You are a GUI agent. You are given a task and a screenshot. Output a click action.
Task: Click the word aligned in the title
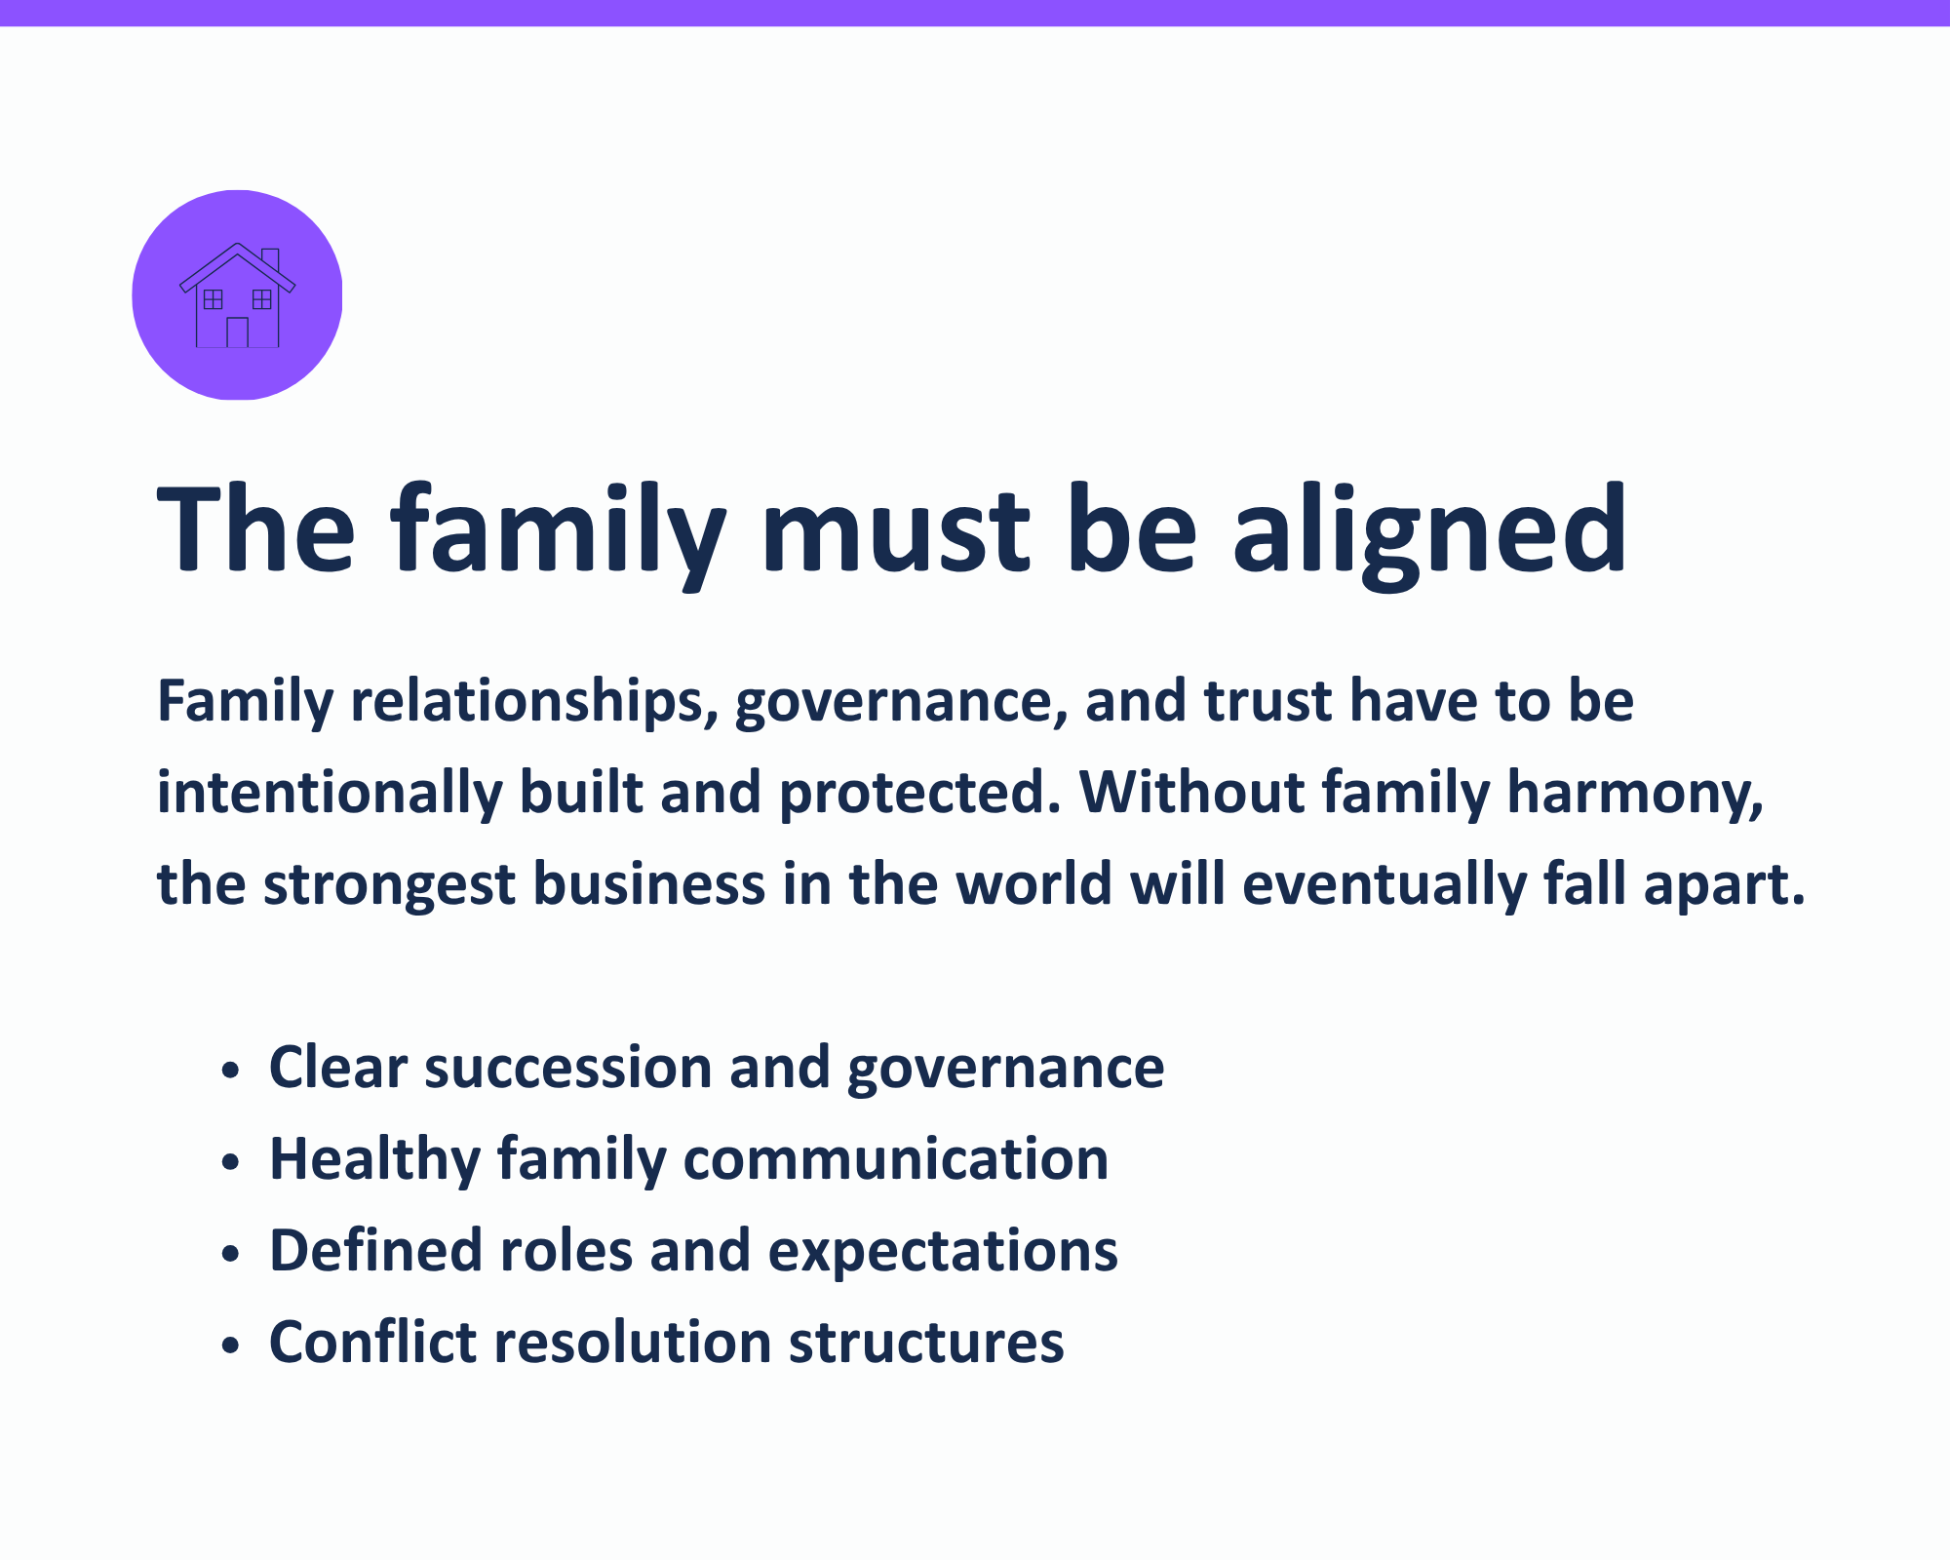tap(1430, 531)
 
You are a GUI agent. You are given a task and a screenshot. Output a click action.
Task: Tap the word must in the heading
tap(895, 532)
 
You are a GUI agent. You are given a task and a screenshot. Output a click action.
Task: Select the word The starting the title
tap(255, 528)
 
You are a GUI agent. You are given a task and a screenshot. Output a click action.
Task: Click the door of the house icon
tap(237, 332)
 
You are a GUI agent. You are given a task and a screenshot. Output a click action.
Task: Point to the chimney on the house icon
tap(271, 259)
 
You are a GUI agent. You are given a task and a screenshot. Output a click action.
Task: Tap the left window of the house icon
tap(213, 299)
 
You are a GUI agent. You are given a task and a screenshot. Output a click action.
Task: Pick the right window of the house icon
tap(262, 299)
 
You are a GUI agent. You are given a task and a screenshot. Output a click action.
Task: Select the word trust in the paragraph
tap(1267, 702)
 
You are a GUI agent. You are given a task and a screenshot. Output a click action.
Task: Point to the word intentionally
tap(330, 793)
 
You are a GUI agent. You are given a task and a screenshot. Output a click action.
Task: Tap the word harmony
tap(1635, 794)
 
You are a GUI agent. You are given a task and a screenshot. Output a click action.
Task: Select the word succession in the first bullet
tap(568, 1068)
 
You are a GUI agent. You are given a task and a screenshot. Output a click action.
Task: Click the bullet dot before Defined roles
tap(230, 1254)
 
